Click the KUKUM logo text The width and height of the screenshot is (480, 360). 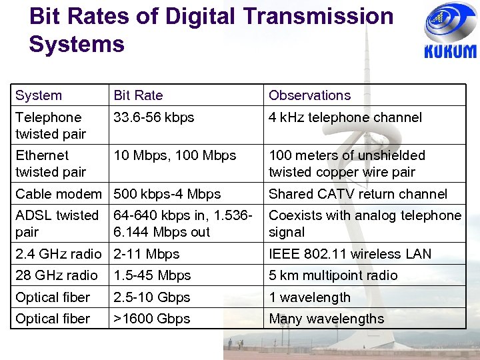point(450,52)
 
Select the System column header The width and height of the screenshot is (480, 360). point(39,95)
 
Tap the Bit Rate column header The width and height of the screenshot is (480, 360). point(138,95)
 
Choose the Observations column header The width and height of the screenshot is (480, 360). point(309,95)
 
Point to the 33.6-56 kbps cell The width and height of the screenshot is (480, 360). point(154,117)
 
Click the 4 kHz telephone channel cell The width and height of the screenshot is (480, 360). point(345,117)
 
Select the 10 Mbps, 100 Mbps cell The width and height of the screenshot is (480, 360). point(175,155)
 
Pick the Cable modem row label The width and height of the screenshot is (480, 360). point(59,194)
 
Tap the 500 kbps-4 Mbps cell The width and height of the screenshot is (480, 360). point(167,194)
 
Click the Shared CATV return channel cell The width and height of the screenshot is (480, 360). point(358,194)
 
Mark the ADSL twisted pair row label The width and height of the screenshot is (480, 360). point(57,223)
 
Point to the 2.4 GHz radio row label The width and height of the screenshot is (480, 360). point(59,254)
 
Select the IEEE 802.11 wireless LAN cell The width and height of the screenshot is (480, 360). point(350,254)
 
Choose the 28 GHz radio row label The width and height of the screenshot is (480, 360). point(57,275)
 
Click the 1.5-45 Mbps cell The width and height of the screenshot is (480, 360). point(152,275)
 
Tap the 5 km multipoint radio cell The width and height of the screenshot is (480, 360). point(333,275)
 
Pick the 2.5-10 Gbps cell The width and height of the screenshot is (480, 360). point(152,297)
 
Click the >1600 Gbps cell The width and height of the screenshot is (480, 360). point(152,319)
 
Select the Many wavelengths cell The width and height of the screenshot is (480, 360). point(327,319)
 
